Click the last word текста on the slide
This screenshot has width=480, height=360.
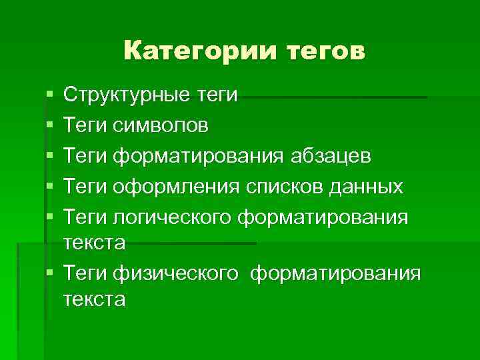coord(94,299)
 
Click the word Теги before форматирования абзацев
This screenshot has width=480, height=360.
coord(85,156)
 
